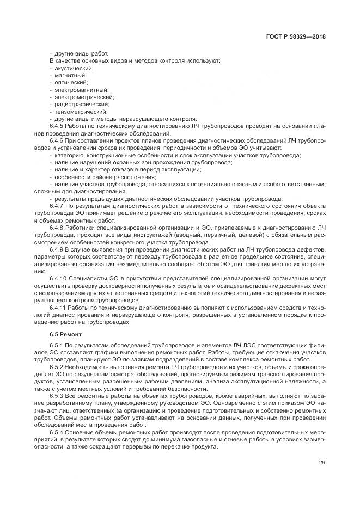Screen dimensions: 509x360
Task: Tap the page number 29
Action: pos(321,463)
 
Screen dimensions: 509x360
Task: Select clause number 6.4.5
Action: pos(57,125)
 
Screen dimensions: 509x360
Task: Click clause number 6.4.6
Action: pos(57,140)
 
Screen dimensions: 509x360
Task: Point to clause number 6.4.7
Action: pos(57,206)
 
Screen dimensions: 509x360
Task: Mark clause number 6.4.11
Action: pos(58,307)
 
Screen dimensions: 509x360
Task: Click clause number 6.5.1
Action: pos(57,346)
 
